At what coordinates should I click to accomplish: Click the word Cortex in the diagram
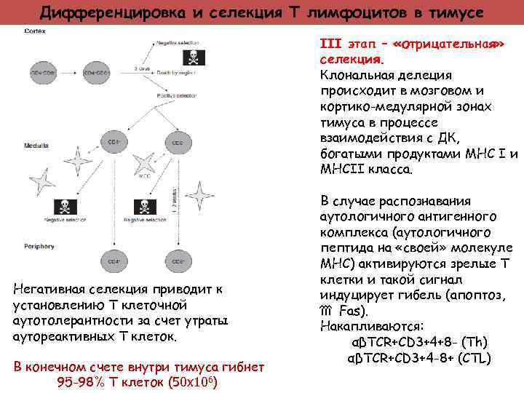[x=34, y=32]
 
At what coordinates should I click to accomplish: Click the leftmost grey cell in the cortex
[x=42, y=74]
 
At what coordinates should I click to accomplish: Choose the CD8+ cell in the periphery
[x=177, y=261]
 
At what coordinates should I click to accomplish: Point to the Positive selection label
[x=178, y=95]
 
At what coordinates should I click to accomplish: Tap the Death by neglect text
[x=175, y=72]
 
